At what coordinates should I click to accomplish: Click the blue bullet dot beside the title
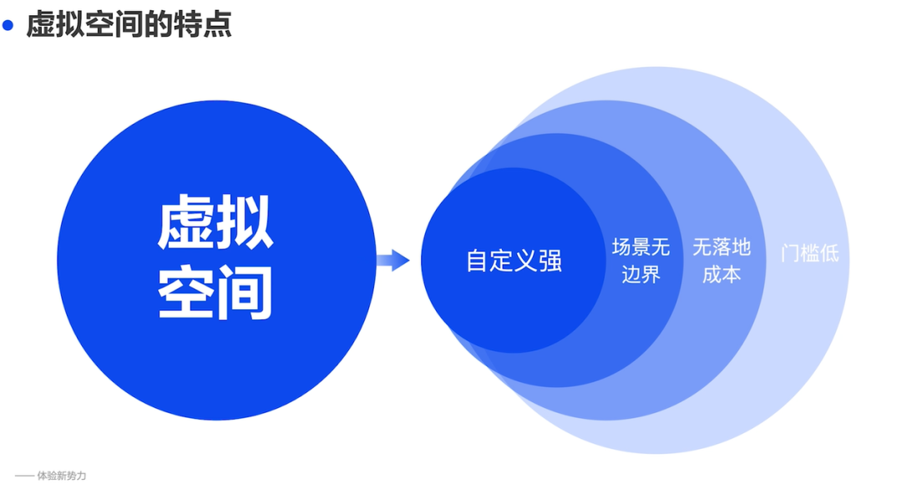pos(9,26)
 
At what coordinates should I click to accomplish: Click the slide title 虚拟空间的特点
pos(129,25)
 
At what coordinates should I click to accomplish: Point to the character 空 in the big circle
pos(186,293)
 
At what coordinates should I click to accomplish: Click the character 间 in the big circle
pos(245,293)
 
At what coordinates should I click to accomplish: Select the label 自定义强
pos(514,261)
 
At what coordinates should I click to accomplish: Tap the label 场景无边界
pos(641,260)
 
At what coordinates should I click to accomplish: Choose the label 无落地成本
pos(722,260)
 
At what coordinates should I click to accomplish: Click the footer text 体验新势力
pos(62,477)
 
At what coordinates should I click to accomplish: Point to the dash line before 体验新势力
pos(24,477)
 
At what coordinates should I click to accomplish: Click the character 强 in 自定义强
pos(550,261)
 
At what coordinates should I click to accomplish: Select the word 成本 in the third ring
pos(722,273)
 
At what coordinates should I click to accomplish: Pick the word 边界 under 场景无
pos(641,273)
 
